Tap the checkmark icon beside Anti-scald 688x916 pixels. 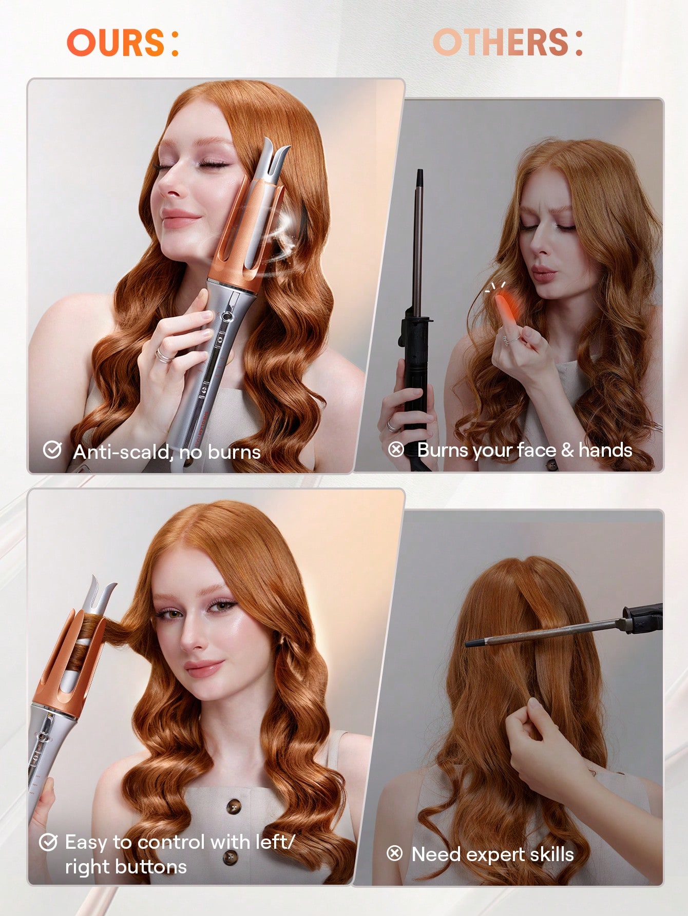52,450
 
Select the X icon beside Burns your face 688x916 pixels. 396,450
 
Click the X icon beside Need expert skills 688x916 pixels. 394,853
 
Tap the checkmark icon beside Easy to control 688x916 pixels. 48,842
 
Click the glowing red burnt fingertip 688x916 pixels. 504,306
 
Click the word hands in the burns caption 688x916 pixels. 605,450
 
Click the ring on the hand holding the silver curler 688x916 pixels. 164,355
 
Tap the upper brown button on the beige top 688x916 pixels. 234,806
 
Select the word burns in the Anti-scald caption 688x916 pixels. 234,452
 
